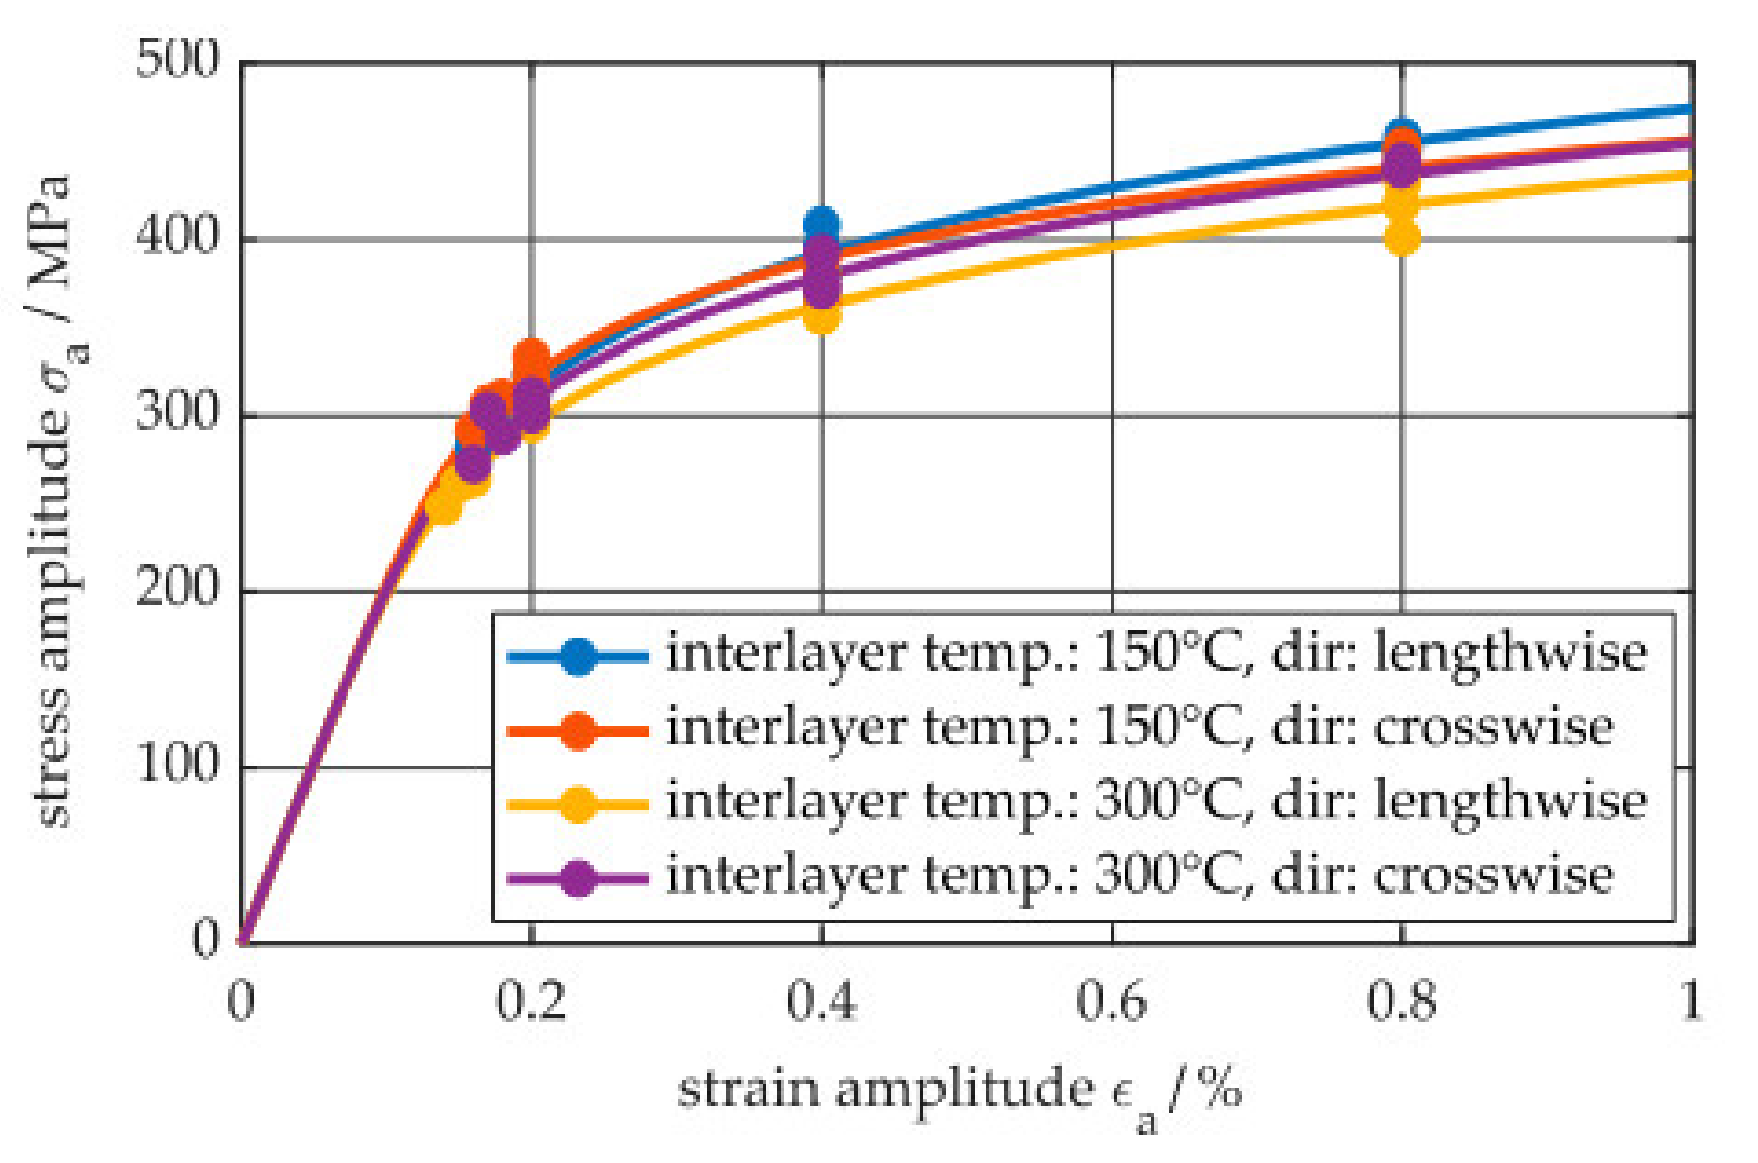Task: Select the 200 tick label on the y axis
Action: [x=178, y=587]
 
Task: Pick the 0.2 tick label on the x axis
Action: [x=531, y=1001]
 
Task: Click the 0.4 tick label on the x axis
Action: [x=821, y=1001]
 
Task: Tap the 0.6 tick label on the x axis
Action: [x=1111, y=1001]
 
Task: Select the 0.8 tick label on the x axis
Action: [x=1401, y=1001]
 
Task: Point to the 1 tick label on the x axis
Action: [x=1691, y=1001]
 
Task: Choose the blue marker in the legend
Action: [x=578, y=655]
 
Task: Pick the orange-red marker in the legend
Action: [x=578, y=730]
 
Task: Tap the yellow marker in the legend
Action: [x=578, y=804]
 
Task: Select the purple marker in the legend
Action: [x=578, y=878]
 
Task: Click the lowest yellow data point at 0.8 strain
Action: [x=1402, y=238]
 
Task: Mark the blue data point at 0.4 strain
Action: [x=821, y=223]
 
